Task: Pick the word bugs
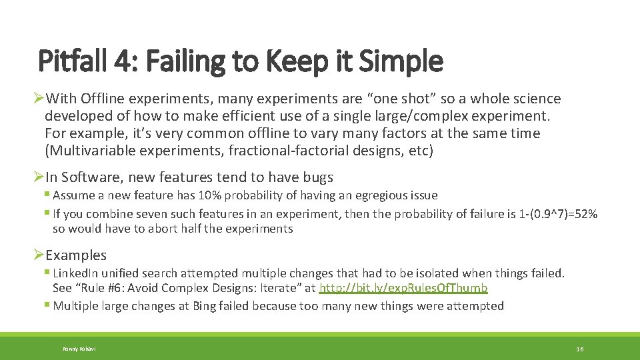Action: click(x=317, y=177)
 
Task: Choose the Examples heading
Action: click(x=76, y=255)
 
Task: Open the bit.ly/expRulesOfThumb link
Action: click(x=403, y=288)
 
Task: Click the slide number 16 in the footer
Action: click(x=580, y=349)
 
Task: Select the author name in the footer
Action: click(x=79, y=349)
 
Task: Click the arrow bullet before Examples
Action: click(x=39, y=255)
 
